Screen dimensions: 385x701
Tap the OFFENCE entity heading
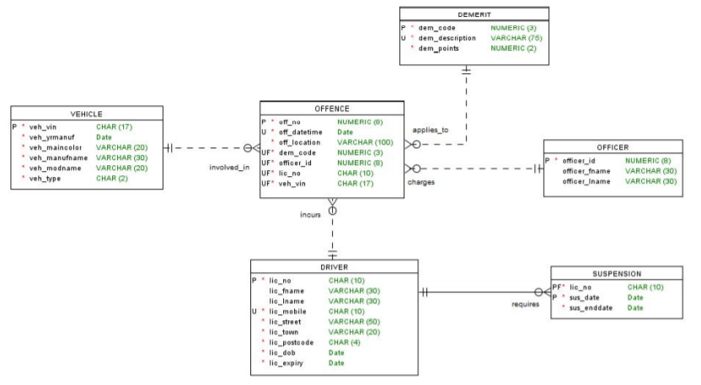tap(331, 109)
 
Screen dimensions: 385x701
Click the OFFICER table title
tap(612, 147)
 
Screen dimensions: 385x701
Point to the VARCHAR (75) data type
tap(516, 38)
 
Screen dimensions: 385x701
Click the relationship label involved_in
tap(229, 167)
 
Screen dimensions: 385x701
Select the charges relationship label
tap(421, 182)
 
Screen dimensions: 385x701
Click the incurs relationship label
tap(310, 215)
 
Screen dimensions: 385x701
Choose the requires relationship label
tap(525, 304)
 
